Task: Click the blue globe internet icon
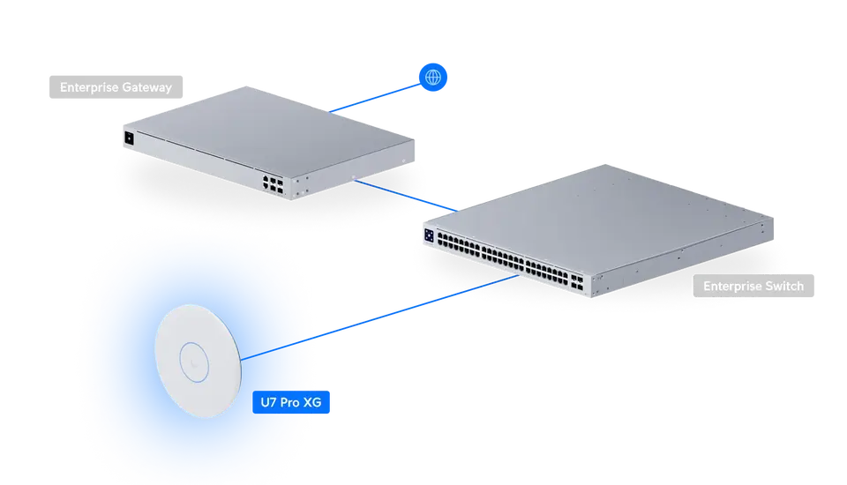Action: [x=432, y=78]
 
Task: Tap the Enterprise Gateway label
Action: [x=116, y=87]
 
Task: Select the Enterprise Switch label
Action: [x=753, y=286]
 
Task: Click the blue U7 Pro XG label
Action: [x=290, y=402]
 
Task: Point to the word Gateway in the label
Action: [x=147, y=87]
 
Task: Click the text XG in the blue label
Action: [x=312, y=402]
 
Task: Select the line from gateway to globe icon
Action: [x=375, y=98]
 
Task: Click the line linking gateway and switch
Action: [x=406, y=196]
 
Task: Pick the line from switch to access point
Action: [x=379, y=317]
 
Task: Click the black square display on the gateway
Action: [x=129, y=138]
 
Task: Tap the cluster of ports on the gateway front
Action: [x=273, y=184]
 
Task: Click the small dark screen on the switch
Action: [x=429, y=235]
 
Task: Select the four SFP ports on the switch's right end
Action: [x=577, y=282]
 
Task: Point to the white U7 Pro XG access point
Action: [x=198, y=361]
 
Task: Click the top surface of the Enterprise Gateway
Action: [x=268, y=130]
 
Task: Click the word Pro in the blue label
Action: [x=289, y=402]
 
